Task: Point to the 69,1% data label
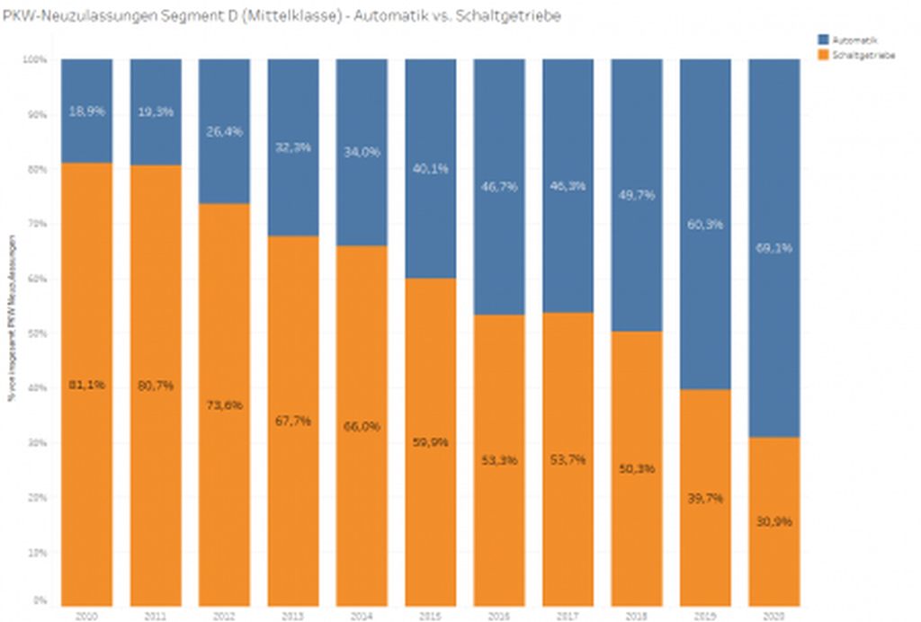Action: (774, 248)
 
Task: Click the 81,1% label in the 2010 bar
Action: (87, 385)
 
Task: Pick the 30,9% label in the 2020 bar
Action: (774, 521)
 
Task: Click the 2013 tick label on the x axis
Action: (293, 614)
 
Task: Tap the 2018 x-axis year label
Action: (637, 614)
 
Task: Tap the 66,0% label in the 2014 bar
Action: (362, 427)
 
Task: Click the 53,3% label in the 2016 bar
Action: (499, 460)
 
